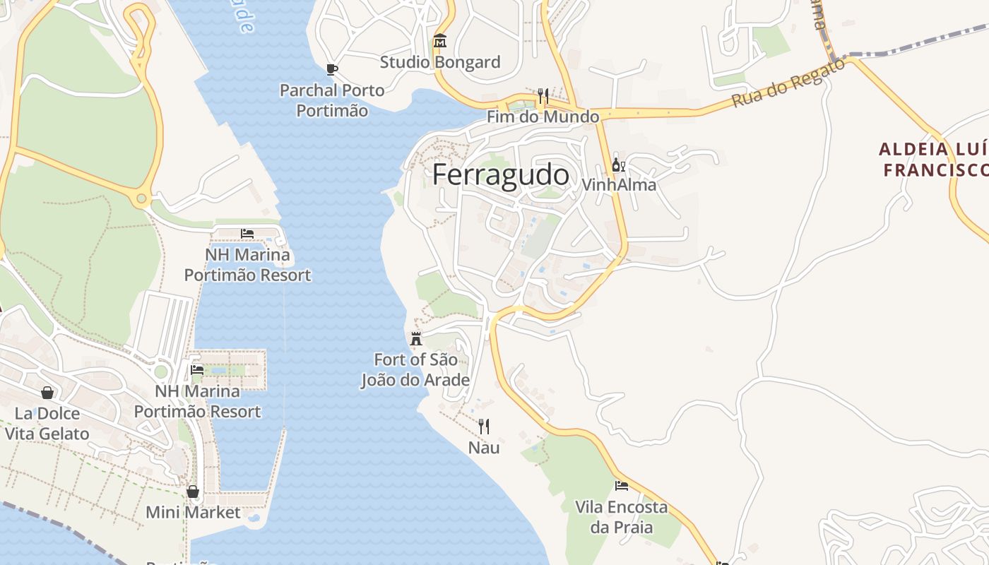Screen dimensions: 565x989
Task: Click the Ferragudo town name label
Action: click(x=500, y=174)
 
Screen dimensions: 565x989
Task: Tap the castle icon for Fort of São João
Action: click(x=416, y=338)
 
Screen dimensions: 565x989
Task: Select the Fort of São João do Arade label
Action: click(x=415, y=370)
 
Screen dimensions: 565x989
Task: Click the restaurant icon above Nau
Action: click(x=484, y=426)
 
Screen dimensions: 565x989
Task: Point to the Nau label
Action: click(x=484, y=448)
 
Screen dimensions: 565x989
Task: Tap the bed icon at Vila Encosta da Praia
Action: click(x=622, y=485)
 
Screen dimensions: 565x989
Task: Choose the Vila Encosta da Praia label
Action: click(x=622, y=517)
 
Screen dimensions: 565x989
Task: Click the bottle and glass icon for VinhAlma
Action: click(x=618, y=165)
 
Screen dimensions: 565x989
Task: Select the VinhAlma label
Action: click(x=619, y=185)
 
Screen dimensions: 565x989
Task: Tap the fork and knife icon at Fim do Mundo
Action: click(x=543, y=95)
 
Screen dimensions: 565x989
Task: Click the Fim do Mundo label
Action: click(x=543, y=117)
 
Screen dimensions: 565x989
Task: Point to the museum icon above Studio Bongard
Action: click(x=440, y=41)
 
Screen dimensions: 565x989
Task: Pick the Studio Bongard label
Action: click(x=440, y=62)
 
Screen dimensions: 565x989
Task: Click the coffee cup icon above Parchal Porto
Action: click(x=332, y=69)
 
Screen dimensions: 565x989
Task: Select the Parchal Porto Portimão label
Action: click(x=332, y=100)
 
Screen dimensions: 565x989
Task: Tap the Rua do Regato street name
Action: click(x=788, y=83)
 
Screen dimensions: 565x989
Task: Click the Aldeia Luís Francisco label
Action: click(x=934, y=160)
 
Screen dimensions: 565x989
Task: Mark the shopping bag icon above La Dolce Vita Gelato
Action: click(x=47, y=393)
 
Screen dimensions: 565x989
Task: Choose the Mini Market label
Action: click(x=193, y=513)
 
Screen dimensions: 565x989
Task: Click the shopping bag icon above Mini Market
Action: click(x=193, y=492)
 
